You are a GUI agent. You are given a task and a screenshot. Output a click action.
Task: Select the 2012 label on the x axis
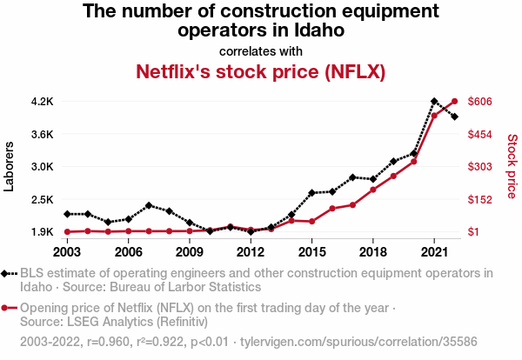coord(250,252)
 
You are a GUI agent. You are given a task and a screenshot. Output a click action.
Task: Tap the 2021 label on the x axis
coord(434,252)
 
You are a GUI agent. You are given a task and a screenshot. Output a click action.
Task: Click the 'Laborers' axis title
coord(10,166)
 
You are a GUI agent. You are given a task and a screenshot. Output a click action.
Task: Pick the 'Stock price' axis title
coord(512,165)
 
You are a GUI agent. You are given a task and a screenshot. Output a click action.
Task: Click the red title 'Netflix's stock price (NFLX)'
coord(260,70)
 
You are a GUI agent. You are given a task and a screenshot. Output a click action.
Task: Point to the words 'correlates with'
coord(260,50)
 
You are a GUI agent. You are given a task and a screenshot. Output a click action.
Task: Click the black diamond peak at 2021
coord(434,102)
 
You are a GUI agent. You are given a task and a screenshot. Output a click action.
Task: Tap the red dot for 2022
coord(454,102)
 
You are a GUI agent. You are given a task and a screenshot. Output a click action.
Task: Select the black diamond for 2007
coord(149,205)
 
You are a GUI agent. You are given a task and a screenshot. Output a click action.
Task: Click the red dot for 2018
coord(372,190)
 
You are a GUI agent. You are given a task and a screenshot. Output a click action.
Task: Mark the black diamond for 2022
coord(454,117)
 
